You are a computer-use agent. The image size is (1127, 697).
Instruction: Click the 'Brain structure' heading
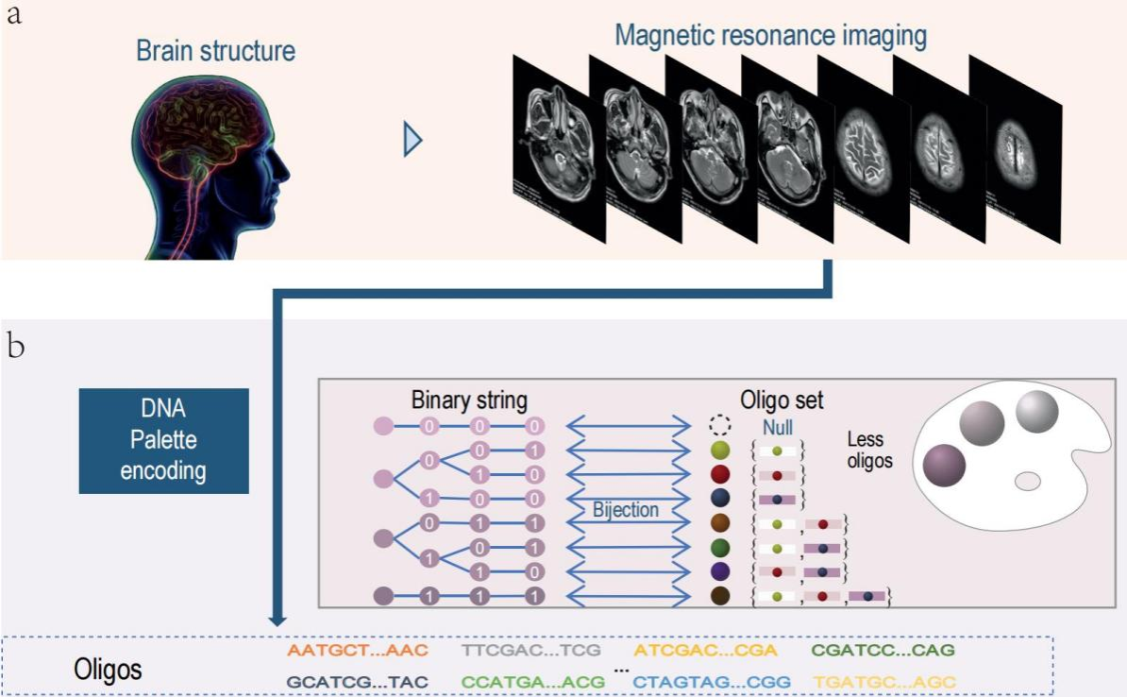click(215, 50)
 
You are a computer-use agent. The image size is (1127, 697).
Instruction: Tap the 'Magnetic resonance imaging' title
click(771, 36)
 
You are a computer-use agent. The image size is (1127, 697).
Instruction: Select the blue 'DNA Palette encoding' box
click(163, 440)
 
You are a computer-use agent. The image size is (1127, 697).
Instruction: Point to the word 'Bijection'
click(625, 510)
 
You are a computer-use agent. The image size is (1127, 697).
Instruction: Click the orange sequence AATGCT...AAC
click(358, 651)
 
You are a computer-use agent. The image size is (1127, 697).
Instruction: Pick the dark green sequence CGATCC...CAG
click(883, 651)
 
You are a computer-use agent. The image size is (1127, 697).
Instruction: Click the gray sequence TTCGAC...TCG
click(531, 651)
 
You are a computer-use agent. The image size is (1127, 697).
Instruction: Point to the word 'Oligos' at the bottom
click(109, 670)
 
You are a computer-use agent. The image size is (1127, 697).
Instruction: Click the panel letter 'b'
click(17, 347)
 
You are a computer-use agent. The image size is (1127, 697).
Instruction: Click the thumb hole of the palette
click(1027, 481)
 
